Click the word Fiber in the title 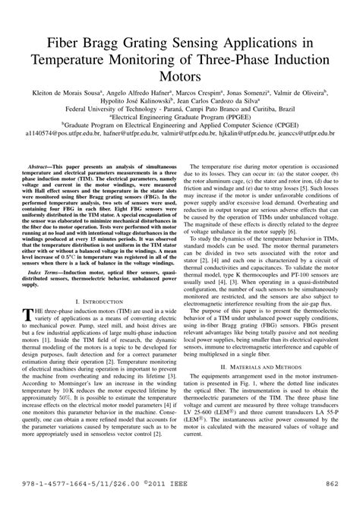(x=71, y=41)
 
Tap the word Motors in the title (x=180, y=76)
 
